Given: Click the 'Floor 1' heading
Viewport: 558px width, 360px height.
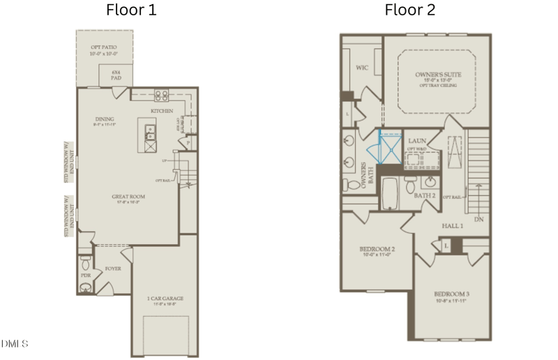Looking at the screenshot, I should click(x=131, y=10).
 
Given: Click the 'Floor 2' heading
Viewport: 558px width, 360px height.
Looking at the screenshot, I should click(x=411, y=10).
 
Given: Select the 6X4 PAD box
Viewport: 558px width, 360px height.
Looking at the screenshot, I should click(x=115, y=75).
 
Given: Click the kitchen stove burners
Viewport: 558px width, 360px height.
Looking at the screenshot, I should click(x=161, y=96).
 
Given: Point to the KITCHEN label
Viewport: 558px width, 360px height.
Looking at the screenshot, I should click(x=161, y=111).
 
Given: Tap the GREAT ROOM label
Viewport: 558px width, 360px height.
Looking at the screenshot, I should click(x=128, y=197).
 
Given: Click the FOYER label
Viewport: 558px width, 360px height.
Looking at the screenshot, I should click(x=113, y=268).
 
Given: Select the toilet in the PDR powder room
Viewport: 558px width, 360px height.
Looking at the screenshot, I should click(x=86, y=264).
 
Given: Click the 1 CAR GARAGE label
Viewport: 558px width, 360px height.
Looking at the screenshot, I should click(x=165, y=299).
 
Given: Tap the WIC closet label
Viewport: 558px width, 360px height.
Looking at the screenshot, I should click(x=361, y=68).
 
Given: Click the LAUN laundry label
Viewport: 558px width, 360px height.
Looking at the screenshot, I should click(x=418, y=141).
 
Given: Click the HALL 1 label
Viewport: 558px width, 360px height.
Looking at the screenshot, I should click(x=452, y=226).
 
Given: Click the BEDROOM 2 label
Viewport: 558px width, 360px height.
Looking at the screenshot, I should click(x=377, y=250).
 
